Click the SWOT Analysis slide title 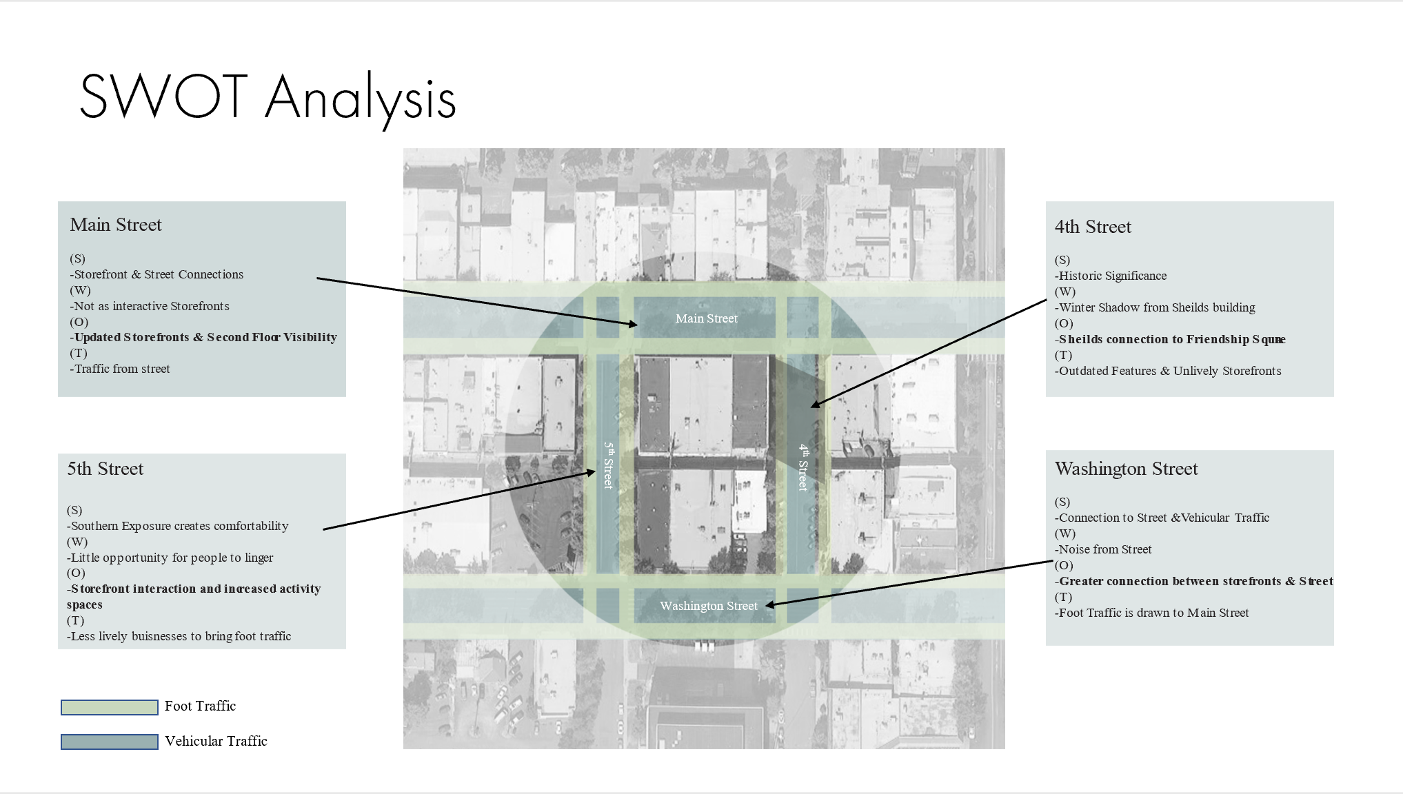pos(268,98)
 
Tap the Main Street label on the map pos(706,318)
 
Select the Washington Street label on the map pos(708,606)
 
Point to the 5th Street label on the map pos(608,465)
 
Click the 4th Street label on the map pos(803,467)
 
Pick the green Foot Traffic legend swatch pos(110,707)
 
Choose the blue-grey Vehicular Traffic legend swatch pos(110,742)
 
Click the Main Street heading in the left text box pos(116,225)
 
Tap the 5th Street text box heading pos(105,469)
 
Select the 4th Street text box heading pos(1093,227)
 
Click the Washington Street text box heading pos(1126,469)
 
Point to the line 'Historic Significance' pos(1111,276)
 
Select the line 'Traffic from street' pos(120,369)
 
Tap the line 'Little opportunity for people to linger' pos(170,558)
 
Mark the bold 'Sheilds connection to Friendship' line pos(1170,339)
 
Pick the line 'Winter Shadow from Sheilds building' pos(1155,307)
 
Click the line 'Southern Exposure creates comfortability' pos(178,526)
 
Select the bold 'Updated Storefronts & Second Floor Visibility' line pos(203,337)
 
